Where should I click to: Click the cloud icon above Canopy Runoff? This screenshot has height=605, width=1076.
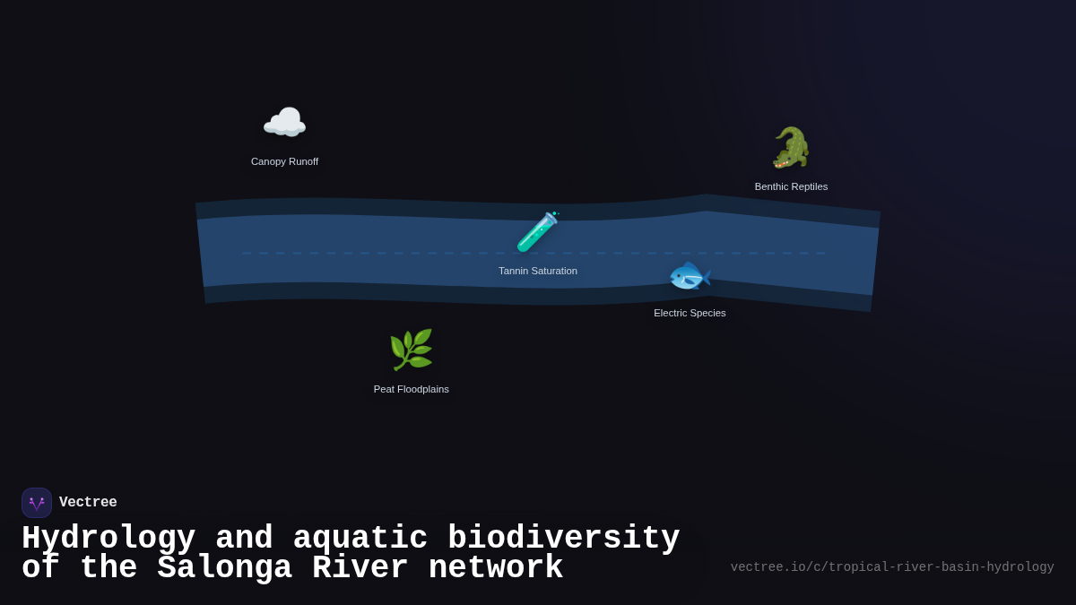[x=284, y=123]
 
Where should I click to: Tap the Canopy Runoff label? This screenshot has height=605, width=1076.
[x=284, y=161]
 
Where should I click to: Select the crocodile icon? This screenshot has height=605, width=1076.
[x=791, y=148]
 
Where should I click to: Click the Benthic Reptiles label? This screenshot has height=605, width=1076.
[x=791, y=186]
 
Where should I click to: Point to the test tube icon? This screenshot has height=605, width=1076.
[x=538, y=232]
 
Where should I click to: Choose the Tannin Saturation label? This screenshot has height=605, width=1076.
[x=538, y=271]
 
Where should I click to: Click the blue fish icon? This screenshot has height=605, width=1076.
[x=690, y=275]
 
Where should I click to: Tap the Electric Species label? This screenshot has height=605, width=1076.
[x=690, y=313]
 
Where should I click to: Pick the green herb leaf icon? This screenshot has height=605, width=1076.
[x=411, y=350]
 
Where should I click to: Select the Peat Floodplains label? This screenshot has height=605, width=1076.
[x=411, y=389]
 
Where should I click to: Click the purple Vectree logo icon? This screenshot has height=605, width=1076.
[x=37, y=503]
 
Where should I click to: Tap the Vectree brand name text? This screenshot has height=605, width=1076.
[x=88, y=503]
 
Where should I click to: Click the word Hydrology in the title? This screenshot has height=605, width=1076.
[x=108, y=539]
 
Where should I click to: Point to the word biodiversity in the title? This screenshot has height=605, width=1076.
[x=563, y=539]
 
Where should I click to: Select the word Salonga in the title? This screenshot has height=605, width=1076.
[x=224, y=568]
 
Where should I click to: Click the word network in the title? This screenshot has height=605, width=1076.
[x=495, y=568]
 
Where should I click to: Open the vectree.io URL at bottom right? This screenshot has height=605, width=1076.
[x=892, y=567]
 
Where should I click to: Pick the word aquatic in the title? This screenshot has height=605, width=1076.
[x=360, y=539]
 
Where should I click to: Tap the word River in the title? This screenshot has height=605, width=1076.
[x=360, y=568]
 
